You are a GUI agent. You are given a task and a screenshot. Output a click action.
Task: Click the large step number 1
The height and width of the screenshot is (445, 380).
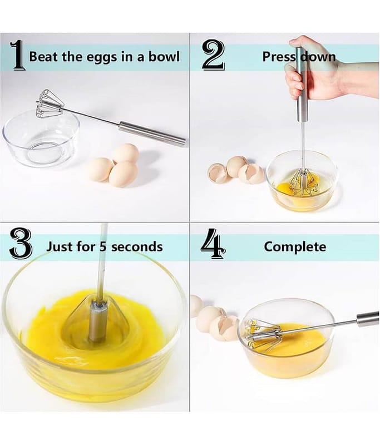pyautogui.click(x=18, y=55)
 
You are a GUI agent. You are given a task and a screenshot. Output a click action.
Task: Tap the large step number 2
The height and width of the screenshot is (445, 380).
pyautogui.click(x=214, y=55)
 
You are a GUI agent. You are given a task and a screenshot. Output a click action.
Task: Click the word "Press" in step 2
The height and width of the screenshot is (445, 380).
pyautogui.click(x=278, y=57)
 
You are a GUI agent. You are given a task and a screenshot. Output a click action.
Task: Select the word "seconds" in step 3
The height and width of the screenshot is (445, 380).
pyautogui.click(x=137, y=246)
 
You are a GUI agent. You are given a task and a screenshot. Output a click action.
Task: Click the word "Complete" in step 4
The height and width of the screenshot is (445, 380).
pyautogui.click(x=295, y=246)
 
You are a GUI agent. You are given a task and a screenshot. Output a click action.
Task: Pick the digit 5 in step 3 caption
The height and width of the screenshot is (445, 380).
pyautogui.click(x=103, y=246)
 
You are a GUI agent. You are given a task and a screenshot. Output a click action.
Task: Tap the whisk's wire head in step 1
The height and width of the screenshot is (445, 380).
pyautogui.click(x=49, y=103)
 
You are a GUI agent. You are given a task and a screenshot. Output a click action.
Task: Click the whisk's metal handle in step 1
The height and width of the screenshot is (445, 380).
pyautogui.click(x=152, y=134)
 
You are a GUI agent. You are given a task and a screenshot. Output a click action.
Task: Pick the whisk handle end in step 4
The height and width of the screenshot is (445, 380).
pyautogui.click(x=368, y=319)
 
